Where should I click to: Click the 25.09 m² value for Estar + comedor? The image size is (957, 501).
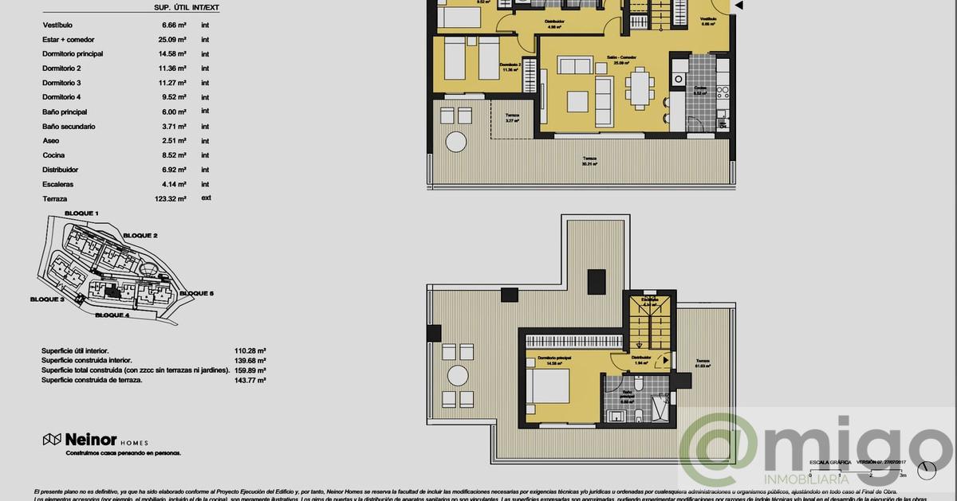[x=172, y=39]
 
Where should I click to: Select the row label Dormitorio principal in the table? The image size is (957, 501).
[x=73, y=54]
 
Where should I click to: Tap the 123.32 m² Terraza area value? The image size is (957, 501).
[x=171, y=198]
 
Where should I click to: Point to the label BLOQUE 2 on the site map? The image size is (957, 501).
[x=140, y=236]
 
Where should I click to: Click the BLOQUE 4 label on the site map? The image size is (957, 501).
[x=112, y=315]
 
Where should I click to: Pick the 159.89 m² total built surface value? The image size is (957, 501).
[x=250, y=370]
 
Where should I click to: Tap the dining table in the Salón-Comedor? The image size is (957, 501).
[x=640, y=87]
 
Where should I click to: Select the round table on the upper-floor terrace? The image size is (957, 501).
[x=457, y=375]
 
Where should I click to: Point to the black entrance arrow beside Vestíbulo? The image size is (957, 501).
[x=738, y=6]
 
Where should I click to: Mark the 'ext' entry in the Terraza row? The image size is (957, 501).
[x=206, y=198]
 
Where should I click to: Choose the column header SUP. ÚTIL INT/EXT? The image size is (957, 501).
[x=187, y=8]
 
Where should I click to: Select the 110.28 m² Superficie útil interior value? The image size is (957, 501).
[x=250, y=350]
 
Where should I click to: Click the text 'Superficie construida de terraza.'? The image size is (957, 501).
[x=92, y=381]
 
